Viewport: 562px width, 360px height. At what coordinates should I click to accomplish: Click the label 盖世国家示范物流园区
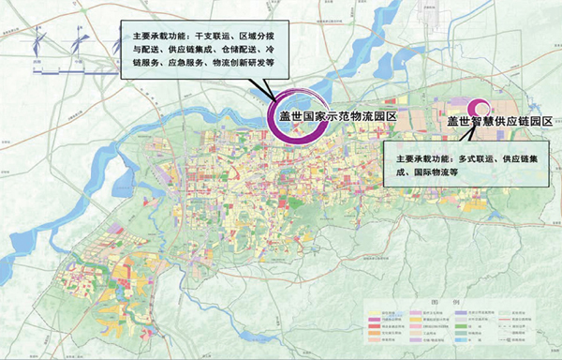pos(333,117)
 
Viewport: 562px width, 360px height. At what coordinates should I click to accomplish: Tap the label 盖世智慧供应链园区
pos(500,122)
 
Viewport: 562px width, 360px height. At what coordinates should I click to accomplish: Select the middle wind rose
pos(76,42)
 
